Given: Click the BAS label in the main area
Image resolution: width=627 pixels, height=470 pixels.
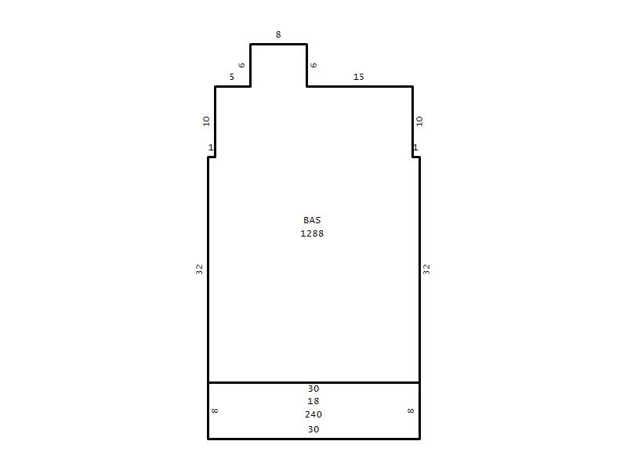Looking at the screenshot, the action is pos(312,220).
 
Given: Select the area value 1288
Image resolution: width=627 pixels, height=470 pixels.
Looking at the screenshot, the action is pos(312,233).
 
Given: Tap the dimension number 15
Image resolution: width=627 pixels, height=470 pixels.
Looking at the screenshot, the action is pos(359,77).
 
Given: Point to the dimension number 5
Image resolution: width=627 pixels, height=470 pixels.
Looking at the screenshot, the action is pos(231,77).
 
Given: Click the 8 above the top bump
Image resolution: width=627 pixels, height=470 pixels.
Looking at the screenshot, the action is pos(278,34).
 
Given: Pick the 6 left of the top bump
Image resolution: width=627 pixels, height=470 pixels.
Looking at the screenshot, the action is pos(241,65).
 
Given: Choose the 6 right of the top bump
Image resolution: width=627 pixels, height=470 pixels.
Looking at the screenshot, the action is pos(313,65).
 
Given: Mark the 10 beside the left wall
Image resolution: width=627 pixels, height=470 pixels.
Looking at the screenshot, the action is pos(206,121).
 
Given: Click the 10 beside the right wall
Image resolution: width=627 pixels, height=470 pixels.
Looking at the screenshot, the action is pos(419,121).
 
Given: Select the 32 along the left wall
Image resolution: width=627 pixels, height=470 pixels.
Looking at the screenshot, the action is pos(199,269).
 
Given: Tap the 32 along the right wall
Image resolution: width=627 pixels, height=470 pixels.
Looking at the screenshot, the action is pos(426,269).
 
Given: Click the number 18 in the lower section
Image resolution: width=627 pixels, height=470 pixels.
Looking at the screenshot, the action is pos(313,401).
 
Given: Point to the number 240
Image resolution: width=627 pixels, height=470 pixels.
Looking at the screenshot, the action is pos(313,414).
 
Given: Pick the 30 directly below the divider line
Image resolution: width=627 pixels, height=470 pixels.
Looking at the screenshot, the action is pos(313,389).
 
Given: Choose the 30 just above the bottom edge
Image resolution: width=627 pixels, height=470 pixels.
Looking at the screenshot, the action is pos(313,429).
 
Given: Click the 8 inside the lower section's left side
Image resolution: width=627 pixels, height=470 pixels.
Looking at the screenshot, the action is pos(215,410).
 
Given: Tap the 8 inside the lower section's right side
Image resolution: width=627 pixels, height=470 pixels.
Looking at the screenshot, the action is pos(411,410).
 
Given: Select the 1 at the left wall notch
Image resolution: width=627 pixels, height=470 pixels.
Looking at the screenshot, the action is pos(211,147).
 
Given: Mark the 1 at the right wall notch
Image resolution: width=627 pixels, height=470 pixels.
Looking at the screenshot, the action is pos(415,147).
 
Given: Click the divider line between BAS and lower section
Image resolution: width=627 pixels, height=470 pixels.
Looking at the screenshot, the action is pos(314,382).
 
